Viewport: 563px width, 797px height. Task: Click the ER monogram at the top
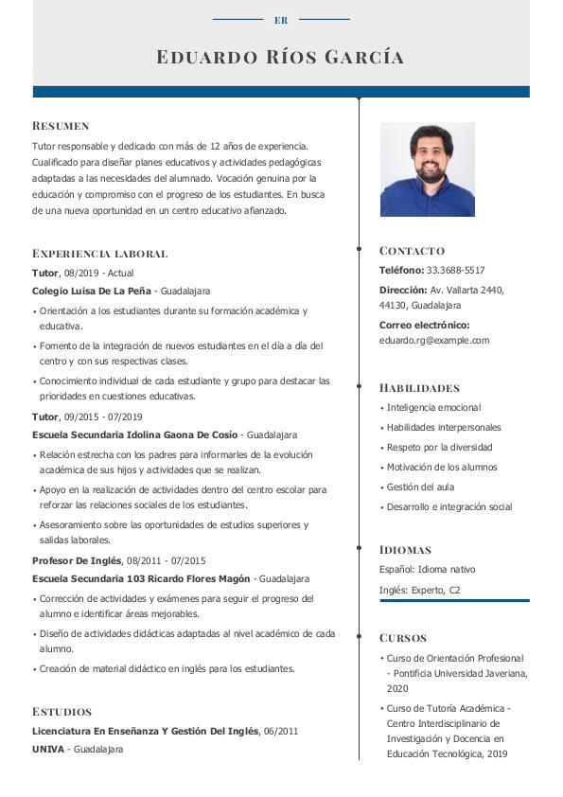(x=281, y=20)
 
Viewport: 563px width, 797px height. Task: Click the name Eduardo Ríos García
(x=281, y=58)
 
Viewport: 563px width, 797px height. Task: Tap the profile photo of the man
(x=427, y=169)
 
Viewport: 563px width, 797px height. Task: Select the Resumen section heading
(x=61, y=126)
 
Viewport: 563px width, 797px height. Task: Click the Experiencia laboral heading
(x=99, y=254)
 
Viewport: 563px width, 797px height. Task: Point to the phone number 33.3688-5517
(x=455, y=271)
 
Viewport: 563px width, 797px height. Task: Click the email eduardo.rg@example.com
(x=434, y=341)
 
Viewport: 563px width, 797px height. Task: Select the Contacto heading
(x=412, y=251)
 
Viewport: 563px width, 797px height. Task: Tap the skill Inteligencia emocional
(x=433, y=408)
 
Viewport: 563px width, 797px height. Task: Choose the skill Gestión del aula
(x=420, y=487)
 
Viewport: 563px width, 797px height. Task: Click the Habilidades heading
(x=419, y=388)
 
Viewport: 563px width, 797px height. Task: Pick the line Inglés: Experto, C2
(x=419, y=590)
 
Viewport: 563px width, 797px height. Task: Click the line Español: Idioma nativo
(x=427, y=570)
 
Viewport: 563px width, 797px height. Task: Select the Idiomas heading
(x=405, y=550)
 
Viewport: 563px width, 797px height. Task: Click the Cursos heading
(x=403, y=638)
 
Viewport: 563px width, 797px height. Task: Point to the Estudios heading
(x=62, y=712)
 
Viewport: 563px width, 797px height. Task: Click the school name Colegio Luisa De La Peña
(x=92, y=292)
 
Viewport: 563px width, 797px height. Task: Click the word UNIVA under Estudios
(x=48, y=750)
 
